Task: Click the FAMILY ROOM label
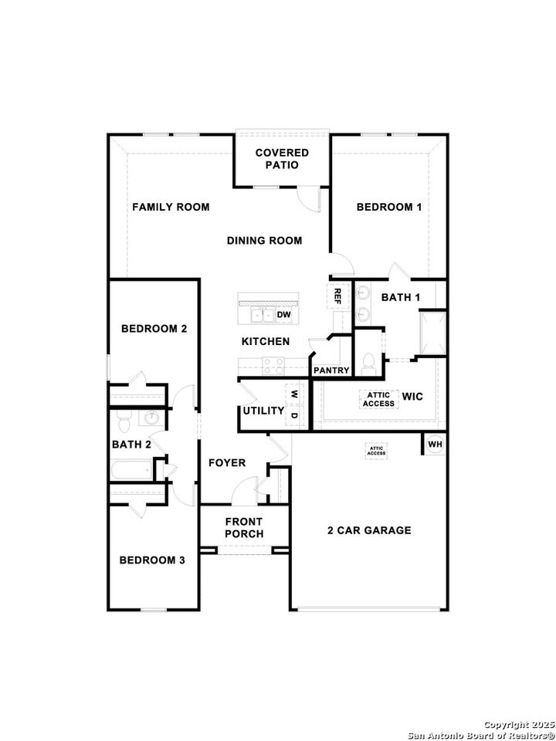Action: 171,207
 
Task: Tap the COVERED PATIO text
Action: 282,159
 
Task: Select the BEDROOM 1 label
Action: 388,207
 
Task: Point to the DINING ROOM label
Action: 264,241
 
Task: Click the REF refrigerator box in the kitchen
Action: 337,294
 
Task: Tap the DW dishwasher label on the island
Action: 283,315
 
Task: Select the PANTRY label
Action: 331,370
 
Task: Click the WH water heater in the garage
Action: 435,445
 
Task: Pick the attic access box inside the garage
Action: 376,451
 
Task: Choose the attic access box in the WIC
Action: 378,398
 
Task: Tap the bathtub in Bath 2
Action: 133,469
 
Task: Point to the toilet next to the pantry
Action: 368,363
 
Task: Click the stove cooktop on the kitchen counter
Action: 273,365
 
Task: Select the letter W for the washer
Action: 293,394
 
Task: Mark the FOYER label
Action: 227,463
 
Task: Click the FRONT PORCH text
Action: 244,528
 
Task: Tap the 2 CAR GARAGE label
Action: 369,530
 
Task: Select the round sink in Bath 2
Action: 151,418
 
